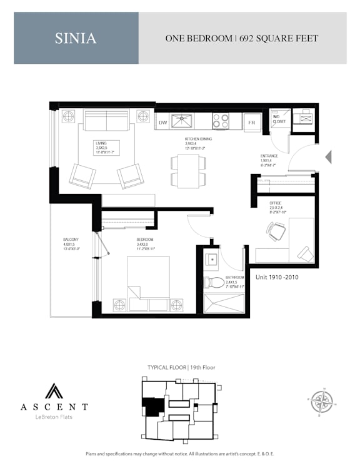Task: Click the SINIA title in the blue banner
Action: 76,38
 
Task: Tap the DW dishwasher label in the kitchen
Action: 162,122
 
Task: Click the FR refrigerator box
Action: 252,122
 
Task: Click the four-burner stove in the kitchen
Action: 220,120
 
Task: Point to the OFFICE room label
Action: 276,203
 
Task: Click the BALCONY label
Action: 71,240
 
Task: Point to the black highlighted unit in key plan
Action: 151,406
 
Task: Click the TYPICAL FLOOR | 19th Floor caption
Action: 181,367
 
